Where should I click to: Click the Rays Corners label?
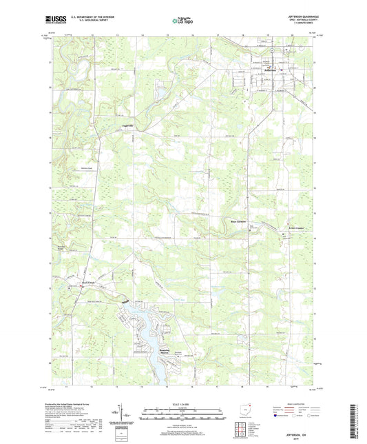(238, 221)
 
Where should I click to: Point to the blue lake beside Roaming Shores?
(148, 323)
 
